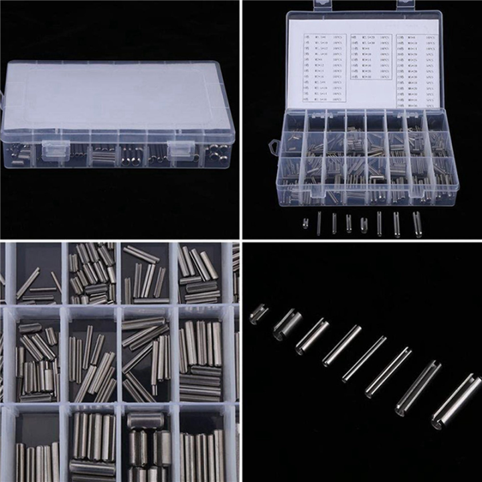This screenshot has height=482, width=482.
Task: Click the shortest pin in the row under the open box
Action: pyautogui.click(x=305, y=224)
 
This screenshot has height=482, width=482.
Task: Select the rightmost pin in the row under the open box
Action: pyautogui.click(x=417, y=224)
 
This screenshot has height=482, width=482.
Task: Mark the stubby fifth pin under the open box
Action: pyautogui.click(x=364, y=224)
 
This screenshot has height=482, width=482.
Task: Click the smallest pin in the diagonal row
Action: pyautogui.click(x=258, y=313)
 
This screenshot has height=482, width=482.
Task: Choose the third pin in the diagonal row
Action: pyautogui.click(x=312, y=336)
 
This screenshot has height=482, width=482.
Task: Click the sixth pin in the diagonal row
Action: pyautogui.click(x=388, y=372)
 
